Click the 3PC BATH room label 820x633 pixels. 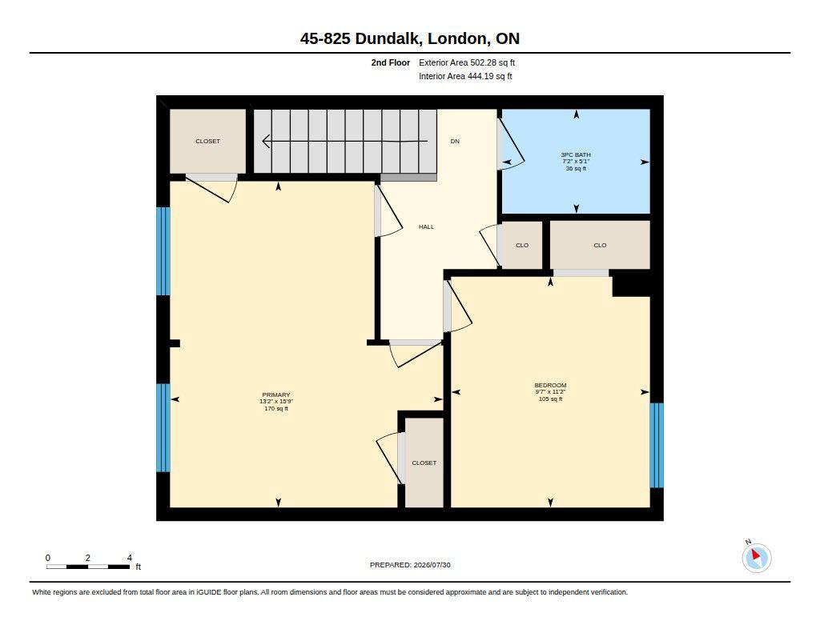(x=576, y=154)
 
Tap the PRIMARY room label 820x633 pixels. (x=276, y=395)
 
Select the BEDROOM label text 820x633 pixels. (x=550, y=385)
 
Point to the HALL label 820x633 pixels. (x=426, y=226)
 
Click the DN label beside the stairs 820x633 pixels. (x=455, y=141)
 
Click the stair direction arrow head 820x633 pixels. (x=266, y=141)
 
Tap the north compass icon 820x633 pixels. (x=756, y=557)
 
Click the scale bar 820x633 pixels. (x=88, y=567)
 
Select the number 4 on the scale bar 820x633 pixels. (x=130, y=558)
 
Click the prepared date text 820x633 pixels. (x=410, y=565)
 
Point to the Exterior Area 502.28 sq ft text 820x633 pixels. (x=467, y=62)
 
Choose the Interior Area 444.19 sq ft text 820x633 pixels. (x=465, y=76)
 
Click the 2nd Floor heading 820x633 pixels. (x=391, y=62)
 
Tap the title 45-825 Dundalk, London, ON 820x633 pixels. (x=410, y=38)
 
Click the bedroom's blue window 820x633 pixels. (x=657, y=446)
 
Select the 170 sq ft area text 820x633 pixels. (x=276, y=409)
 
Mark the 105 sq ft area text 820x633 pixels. (x=550, y=399)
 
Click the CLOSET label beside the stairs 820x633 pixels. (x=207, y=141)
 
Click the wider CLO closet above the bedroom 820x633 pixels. (x=600, y=245)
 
